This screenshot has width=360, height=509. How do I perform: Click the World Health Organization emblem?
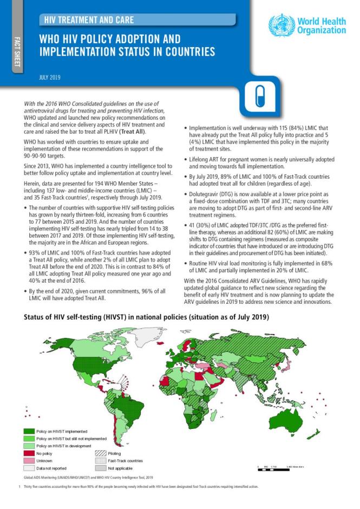pos(282,25)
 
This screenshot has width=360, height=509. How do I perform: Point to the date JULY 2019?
pos(50,77)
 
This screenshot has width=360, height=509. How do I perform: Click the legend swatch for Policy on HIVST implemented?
pos(28,431)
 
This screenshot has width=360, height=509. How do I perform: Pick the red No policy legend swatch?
pos(28,453)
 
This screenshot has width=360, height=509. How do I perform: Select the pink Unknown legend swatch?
pos(28,460)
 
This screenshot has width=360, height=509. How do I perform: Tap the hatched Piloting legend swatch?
pos(101,453)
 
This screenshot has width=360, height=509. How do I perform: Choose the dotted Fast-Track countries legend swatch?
pos(101,460)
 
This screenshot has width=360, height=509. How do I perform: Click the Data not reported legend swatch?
pos(28,468)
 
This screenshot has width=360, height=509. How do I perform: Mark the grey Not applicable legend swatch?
pos(101,468)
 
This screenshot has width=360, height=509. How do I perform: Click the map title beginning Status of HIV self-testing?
pos(146,318)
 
